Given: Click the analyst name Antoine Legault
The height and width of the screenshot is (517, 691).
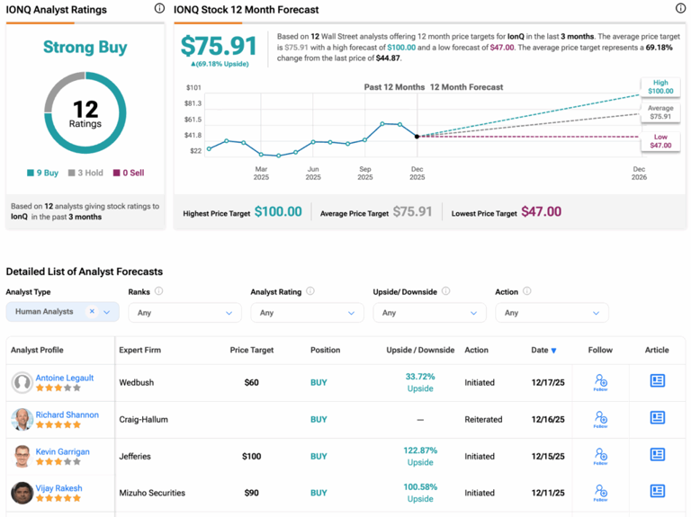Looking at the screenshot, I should pyautogui.click(x=64, y=378).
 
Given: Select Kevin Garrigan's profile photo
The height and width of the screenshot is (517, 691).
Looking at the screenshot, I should pyautogui.click(x=22, y=457).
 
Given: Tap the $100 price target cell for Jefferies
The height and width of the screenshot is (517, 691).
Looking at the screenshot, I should pyautogui.click(x=251, y=457).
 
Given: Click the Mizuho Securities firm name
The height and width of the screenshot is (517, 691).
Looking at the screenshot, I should pyautogui.click(x=152, y=493).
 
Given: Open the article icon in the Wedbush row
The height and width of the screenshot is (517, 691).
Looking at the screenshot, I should pyautogui.click(x=657, y=381).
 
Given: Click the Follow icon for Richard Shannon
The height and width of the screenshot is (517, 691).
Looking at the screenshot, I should pyautogui.click(x=600, y=419).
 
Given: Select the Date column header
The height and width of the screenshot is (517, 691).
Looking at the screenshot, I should pyautogui.click(x=543, y=350).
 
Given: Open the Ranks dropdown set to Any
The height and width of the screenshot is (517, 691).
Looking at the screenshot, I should pyautogui.click(x=184, y=313).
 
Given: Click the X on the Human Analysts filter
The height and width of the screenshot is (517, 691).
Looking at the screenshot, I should pyautogui.click(x=92, y=312).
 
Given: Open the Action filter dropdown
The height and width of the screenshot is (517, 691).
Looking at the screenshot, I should pyautogui.click(x=552, y=313).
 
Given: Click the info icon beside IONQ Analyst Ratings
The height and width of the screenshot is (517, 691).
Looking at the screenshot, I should pyautogui.click(x=159, y=9).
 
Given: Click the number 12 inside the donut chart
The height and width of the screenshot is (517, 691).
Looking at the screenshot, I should pyautogui.click(x=85, y=109).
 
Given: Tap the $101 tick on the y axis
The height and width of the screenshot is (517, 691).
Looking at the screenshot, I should pyautogui.click(x=193, y=88).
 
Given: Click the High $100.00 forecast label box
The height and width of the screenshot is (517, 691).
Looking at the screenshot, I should pyautogui.click(x=660, y=86).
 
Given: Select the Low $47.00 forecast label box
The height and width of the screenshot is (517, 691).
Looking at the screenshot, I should pyautogui.click(x=660, y=140).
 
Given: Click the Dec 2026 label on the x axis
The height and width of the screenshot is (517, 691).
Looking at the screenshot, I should pyautogui.click(x=639, y=173).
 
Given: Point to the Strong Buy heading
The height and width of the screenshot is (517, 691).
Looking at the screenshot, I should pyautogui.click(x=85, y=48).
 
